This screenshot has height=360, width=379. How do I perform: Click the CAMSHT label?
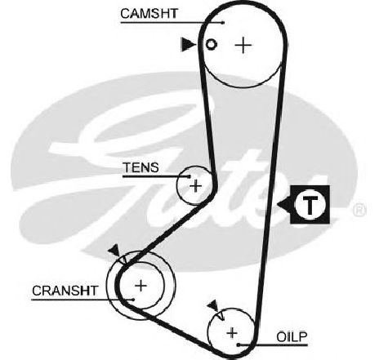[x=149, y=13]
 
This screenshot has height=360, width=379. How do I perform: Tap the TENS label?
[x=140, y=167]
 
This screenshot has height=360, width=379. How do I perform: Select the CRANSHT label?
[x=65, y=291]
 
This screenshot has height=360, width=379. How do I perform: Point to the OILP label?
[x=292, y=337]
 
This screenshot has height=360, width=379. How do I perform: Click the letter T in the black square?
[x=310, y=205]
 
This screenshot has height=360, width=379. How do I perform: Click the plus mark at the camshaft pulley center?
[x=243, y=45]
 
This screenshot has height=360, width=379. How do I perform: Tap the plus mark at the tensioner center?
[x=195, y=186]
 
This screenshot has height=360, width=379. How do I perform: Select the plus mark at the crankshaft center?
[x=140, y=286]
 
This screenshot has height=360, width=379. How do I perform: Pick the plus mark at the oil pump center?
[x=232, y=332]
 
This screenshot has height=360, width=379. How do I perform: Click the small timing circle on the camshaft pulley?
[x=212, y=44]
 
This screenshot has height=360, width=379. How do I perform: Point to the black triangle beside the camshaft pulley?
[x=188, y=44]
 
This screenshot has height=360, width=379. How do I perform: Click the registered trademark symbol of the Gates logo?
[x=359, y=210]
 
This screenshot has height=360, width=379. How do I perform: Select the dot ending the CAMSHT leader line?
[x=223, y=23]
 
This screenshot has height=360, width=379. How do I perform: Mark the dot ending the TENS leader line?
[x=189, y=176]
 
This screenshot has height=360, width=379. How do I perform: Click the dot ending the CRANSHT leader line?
[x=133, y=300]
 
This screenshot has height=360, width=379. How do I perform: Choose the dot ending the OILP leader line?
[x=239, y=345]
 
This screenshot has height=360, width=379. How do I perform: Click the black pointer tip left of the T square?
[x=277, y=204]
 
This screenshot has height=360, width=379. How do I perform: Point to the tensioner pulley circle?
[x=177, y=185]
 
